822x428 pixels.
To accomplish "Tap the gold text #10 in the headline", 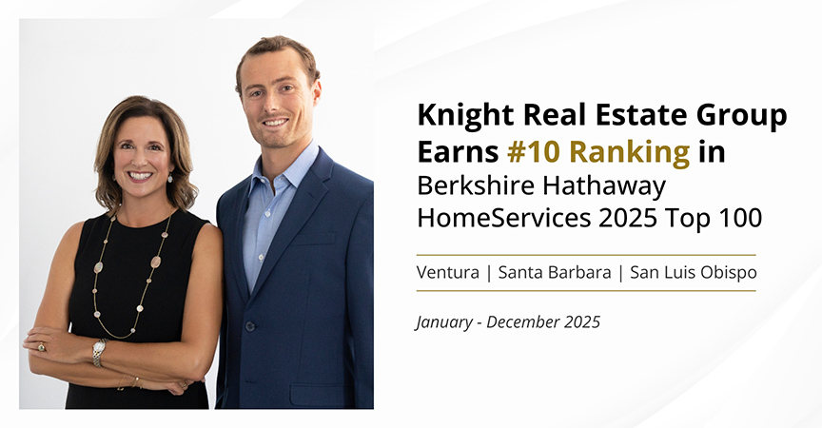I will [512, 151].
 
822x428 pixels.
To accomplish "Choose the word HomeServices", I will [499, 218].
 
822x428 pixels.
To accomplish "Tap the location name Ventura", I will [446, 272].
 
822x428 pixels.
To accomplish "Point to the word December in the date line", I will [524, 321].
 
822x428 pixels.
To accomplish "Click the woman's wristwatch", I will [99, 351].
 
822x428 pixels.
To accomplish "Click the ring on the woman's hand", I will [41, 347].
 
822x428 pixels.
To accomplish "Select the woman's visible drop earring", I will [170, 178].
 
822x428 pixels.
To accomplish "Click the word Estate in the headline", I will [620, 117].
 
